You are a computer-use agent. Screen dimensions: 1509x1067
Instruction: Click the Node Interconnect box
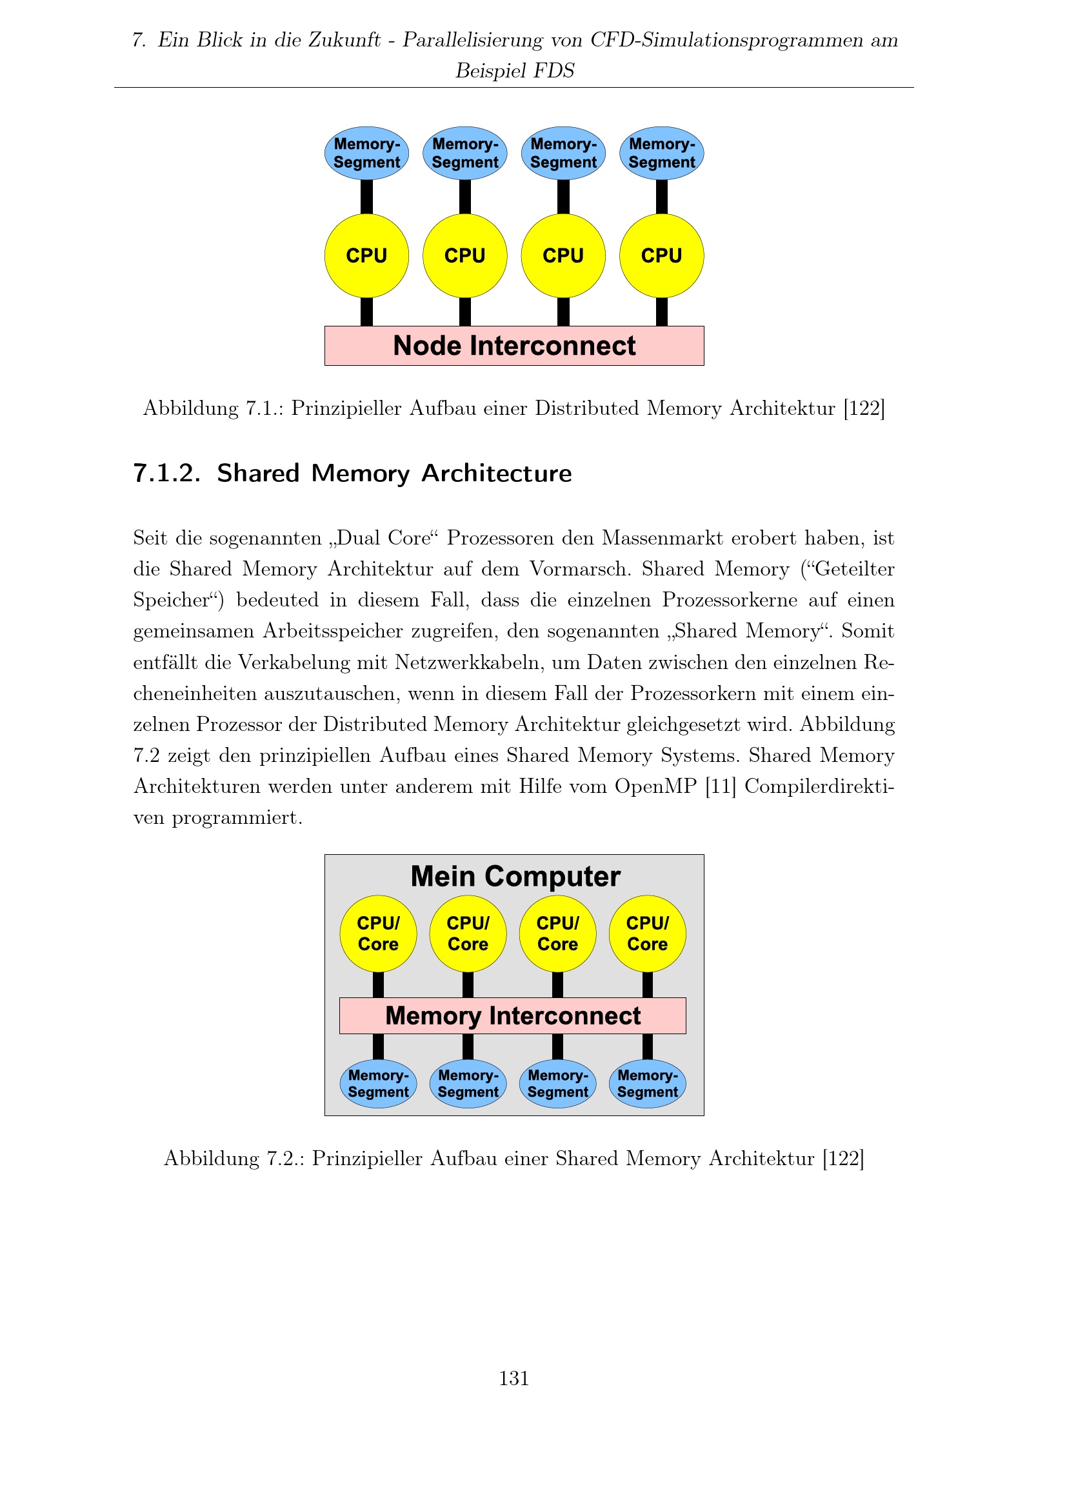tap(514, 346)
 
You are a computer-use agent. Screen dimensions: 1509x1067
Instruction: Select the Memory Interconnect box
tap(512, 1015)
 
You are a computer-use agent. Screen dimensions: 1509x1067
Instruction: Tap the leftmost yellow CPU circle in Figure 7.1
tap(366, 255)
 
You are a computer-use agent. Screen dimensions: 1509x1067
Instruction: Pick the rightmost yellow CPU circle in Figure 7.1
tap(662, 255)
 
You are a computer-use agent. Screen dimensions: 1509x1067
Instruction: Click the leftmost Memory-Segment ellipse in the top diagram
tap(366, 153)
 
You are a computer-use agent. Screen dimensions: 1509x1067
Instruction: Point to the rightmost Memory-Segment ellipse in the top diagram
tap(662, 153)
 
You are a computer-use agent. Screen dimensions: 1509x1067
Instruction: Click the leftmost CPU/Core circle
tap(378, 934)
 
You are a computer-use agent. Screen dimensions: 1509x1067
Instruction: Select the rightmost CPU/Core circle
tap(647, 934)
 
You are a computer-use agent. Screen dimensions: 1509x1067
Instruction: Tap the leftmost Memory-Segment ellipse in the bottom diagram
tap(378, 1083)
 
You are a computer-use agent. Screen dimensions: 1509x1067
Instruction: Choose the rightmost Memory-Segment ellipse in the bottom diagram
tap(647, 1083)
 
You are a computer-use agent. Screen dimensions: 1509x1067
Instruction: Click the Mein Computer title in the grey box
tap(515, 876)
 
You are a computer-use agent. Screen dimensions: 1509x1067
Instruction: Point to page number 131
tap(514, 1378)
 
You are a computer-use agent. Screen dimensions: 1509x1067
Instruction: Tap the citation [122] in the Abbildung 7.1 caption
tap(864, 408)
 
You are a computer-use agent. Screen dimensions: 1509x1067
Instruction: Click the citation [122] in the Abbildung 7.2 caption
tap(844, 1158)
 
